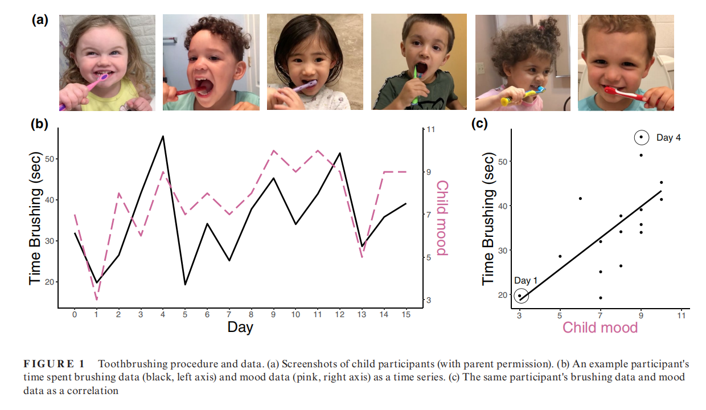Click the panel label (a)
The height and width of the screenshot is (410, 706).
pos(39,20)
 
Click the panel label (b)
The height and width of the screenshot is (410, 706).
pos(39,124)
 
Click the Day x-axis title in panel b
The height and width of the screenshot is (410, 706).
pos(240,327)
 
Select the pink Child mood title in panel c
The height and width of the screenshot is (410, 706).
pos(600,327)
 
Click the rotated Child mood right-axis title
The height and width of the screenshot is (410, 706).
pos(442,218)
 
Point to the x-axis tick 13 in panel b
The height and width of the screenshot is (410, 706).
pos(363,314)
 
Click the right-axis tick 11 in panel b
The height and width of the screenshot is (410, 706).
pos(431,130)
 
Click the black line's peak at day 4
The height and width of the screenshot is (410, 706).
pos(163,136)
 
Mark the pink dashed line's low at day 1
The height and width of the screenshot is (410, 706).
pos(97,300)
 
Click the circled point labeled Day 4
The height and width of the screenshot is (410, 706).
pos(641,137)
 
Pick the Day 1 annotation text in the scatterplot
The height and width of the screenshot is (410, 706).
pos(526,281)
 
